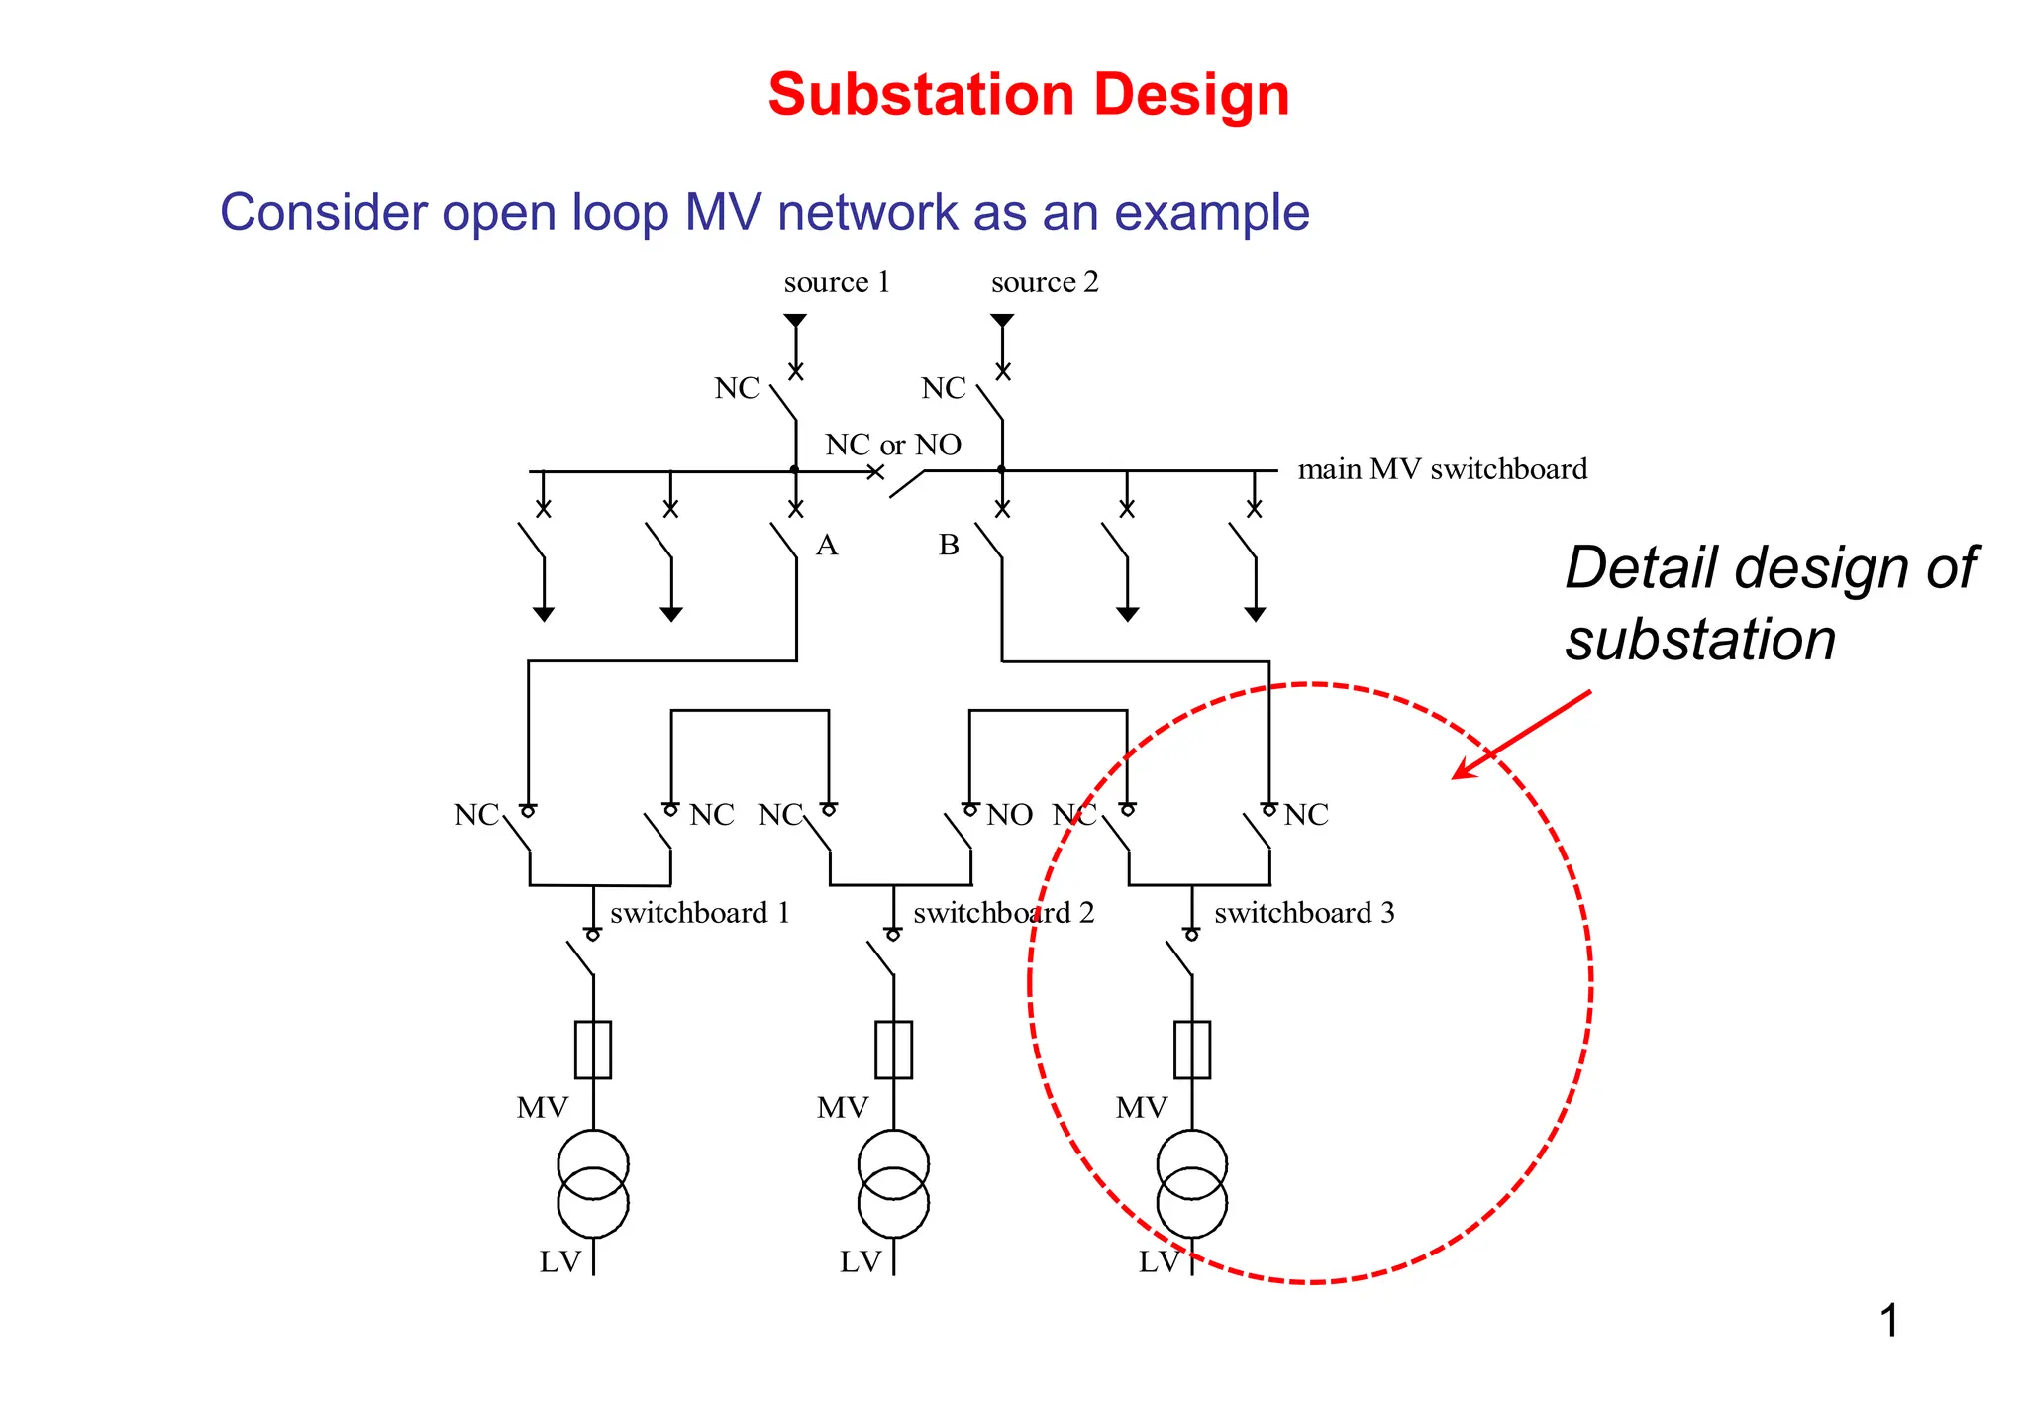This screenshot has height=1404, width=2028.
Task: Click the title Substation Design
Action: [1028, 95]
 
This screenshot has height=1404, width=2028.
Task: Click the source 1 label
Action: [837, 282]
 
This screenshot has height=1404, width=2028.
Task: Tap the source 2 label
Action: [1045, 282]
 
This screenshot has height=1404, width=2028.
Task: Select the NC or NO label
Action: [893, 445]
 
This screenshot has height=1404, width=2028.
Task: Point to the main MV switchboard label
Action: [1442, 468]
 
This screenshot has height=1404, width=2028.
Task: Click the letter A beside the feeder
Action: [827, 545]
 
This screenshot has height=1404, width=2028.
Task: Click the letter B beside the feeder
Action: [949, 545]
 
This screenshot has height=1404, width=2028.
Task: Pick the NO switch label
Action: [1009, 815]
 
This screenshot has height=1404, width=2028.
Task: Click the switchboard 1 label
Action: [700, 912]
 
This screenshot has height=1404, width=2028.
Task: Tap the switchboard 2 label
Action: [1003, 912]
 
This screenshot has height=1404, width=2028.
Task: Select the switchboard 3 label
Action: [1304, 912]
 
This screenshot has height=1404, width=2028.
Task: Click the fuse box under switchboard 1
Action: [593, 1050]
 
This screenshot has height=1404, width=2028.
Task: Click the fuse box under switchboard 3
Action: [1192, 1050]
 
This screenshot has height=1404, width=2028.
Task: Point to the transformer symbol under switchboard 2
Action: [893, 1183]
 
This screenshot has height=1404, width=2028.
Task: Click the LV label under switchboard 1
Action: [559, 1261]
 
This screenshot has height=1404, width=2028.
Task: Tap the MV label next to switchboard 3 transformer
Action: [1141, 1107]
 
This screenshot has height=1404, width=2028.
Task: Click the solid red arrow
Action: [1520, 735]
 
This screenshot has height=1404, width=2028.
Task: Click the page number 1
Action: [1888, 1321]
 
